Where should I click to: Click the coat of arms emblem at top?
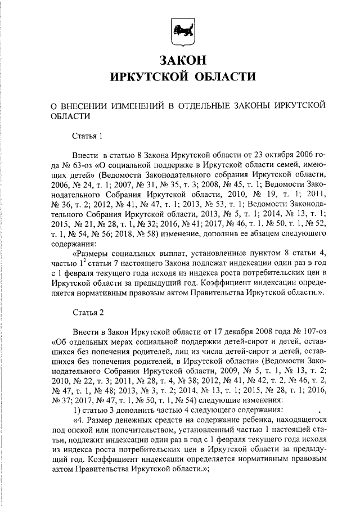pyautogui.click(x=180, y=30)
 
